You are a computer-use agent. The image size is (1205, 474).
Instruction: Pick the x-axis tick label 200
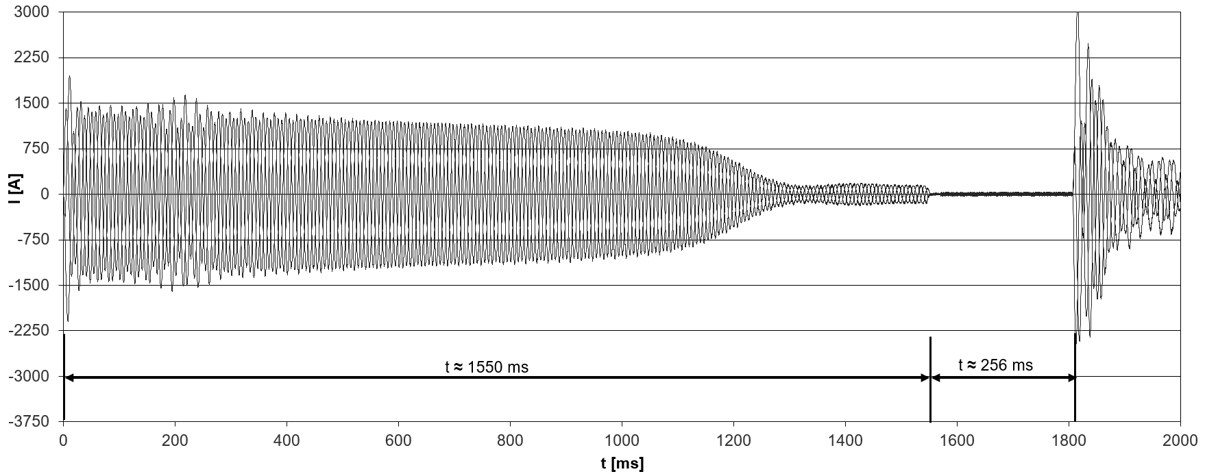(x=175, y=440)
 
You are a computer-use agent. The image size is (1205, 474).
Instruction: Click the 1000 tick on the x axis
(x=621, y=440)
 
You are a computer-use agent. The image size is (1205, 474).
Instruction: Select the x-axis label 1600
(x=956, y=440)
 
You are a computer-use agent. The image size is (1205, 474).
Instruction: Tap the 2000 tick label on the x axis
(x=1180, y=440)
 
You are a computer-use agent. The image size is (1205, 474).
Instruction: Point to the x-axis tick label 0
(x=63, y=440)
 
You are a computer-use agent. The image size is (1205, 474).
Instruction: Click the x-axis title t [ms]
(x=622, y=463)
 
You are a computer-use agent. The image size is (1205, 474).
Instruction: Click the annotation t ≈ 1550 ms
(x=487, y=367)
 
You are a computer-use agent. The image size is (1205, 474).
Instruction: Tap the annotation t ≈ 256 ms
(x=995, y=365)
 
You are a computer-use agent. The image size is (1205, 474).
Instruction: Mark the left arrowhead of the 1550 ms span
(x=69, y=377)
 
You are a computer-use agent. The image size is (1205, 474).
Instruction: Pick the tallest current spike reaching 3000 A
(x=1078, y=15)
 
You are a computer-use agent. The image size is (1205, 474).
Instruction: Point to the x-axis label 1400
(x=844, y=440)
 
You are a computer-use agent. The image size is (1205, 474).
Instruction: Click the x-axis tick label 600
(x=398, y=440)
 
